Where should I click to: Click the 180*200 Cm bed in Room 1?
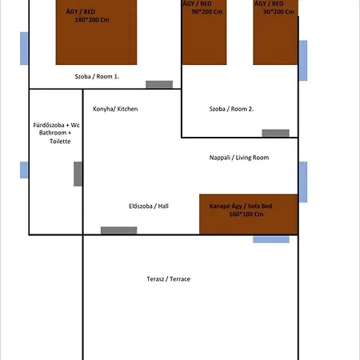click(x=92, y=32)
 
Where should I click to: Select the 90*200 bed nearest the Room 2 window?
click(x=275, y=32)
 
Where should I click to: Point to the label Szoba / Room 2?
click(x=231, y=109)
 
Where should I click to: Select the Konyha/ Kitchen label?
click(x=115, y=109)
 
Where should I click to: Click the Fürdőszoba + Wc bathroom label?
click(x=54, y=133)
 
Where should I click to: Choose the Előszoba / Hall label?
click(x=149, y=206)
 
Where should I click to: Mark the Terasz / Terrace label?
click(x=168, y=279)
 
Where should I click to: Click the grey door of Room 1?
click(x=158, y=85)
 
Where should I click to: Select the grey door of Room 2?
click(x=275, y=133)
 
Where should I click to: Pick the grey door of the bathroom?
click(x=78, y=174)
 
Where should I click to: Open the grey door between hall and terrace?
click(x=118, y=230)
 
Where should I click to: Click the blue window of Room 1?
click(x=24, y=49)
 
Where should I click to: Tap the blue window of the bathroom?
click(x=24, y=170)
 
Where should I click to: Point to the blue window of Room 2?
click(x=302, y=60)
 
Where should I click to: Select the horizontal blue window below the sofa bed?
click(x=271, y=239)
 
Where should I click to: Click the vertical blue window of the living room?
click(x=302, y=182)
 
